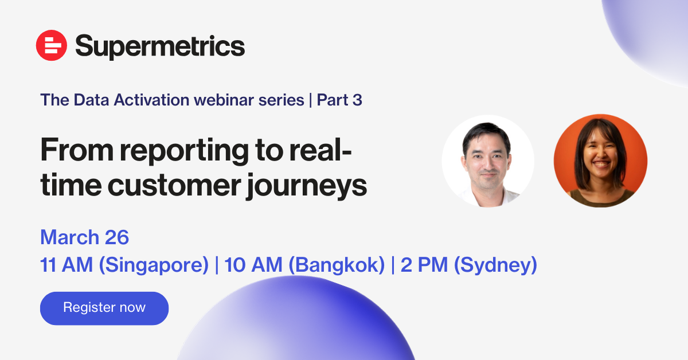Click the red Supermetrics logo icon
point(51,45)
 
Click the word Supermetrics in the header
point(160,46)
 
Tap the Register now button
point(104,308)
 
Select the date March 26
point(84,237)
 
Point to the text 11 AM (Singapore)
point(124,265)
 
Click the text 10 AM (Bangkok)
point(304,265)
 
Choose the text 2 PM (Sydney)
point(469,265)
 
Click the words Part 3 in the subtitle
point(339,100)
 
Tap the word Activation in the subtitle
point(152,100)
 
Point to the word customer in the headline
point(174,186)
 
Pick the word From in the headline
point(77,150)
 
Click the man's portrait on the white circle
point(488,161)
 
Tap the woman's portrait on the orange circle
point(600,161)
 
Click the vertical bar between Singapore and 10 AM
point(217,265)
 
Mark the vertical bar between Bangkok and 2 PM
point(393,265)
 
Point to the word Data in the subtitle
point(91,100)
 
